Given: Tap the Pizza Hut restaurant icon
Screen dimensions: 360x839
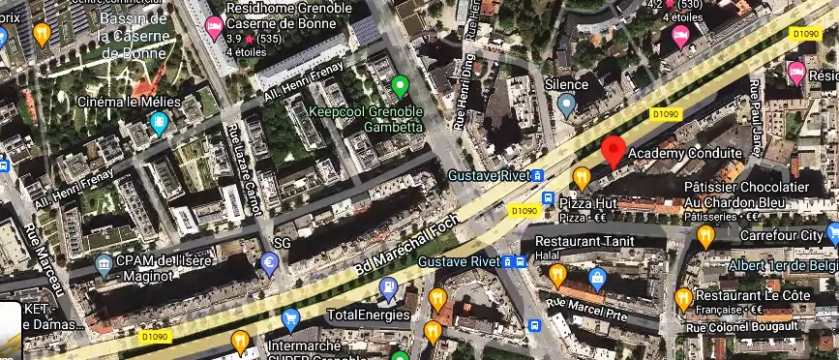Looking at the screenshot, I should [x=548, y=200].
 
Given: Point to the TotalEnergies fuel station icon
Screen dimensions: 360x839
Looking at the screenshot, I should [x=388, y=287].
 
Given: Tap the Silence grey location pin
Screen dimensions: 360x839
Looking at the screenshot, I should [x=567, y=105].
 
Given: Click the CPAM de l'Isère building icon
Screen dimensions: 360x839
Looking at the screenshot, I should [x=104, y=263].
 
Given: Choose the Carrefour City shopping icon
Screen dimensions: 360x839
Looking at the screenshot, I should [x=832, y=235].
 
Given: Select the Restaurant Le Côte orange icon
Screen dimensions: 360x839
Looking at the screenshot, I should [x=683, y=296].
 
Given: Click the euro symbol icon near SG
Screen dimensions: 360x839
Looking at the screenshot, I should [x=270, y=261].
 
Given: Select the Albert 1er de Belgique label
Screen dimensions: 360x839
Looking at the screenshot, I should [x=782, y=265].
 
